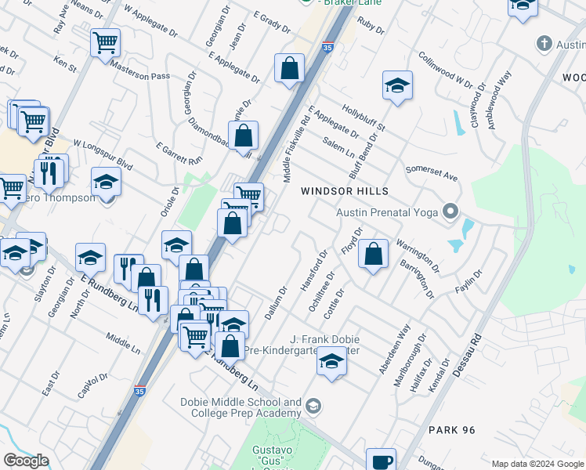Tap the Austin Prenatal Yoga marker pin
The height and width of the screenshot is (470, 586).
pos(450,211)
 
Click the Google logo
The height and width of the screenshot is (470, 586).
pos(26,461)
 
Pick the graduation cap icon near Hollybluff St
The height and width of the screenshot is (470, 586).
pos(397,85)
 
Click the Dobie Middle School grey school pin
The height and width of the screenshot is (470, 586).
pos(313,405)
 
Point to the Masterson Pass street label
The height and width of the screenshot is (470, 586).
pos(140,70)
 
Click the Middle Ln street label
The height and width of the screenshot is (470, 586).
pos(121,339)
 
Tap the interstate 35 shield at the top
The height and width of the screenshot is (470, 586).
pos(327,48)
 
